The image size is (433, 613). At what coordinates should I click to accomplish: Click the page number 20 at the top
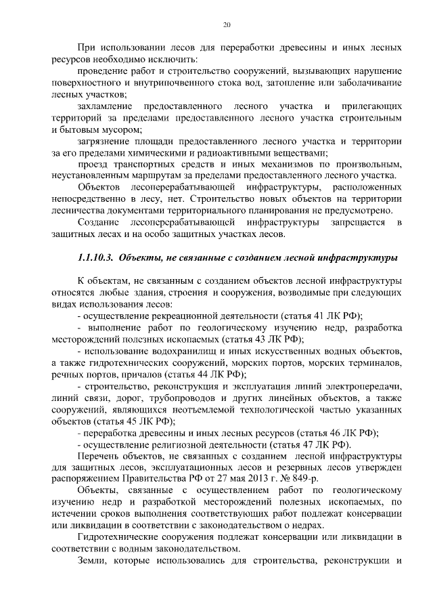click(x=227, y=25)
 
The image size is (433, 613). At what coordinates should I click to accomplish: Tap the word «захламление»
click(x=103, y=107)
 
